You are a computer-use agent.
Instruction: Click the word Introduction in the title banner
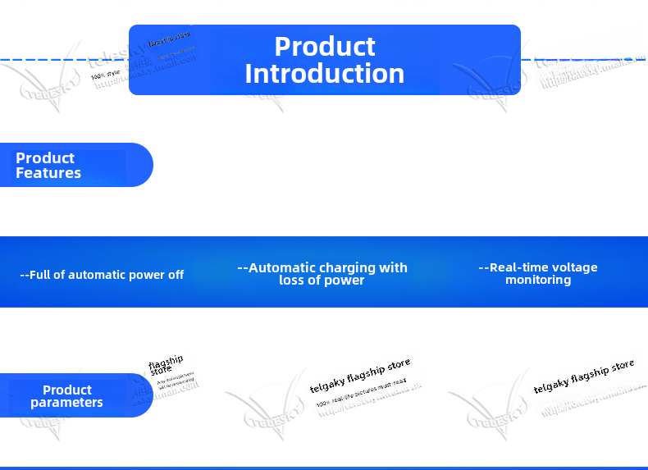point(325,74)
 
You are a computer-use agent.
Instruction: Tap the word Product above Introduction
point(325,46)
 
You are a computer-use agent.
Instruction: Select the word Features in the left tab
point(48,173)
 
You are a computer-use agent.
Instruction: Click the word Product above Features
point(45,158)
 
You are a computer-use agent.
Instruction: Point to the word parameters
point(66,403)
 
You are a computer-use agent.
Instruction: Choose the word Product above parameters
point(67,390)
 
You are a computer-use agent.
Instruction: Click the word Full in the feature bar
point(41,275)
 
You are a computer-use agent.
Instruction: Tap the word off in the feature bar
point(176,275)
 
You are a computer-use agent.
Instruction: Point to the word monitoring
point(538,280)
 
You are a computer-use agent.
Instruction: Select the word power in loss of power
point(345,280)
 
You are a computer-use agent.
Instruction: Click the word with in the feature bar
point(393,267)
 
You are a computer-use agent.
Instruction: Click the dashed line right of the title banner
point(582,60)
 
